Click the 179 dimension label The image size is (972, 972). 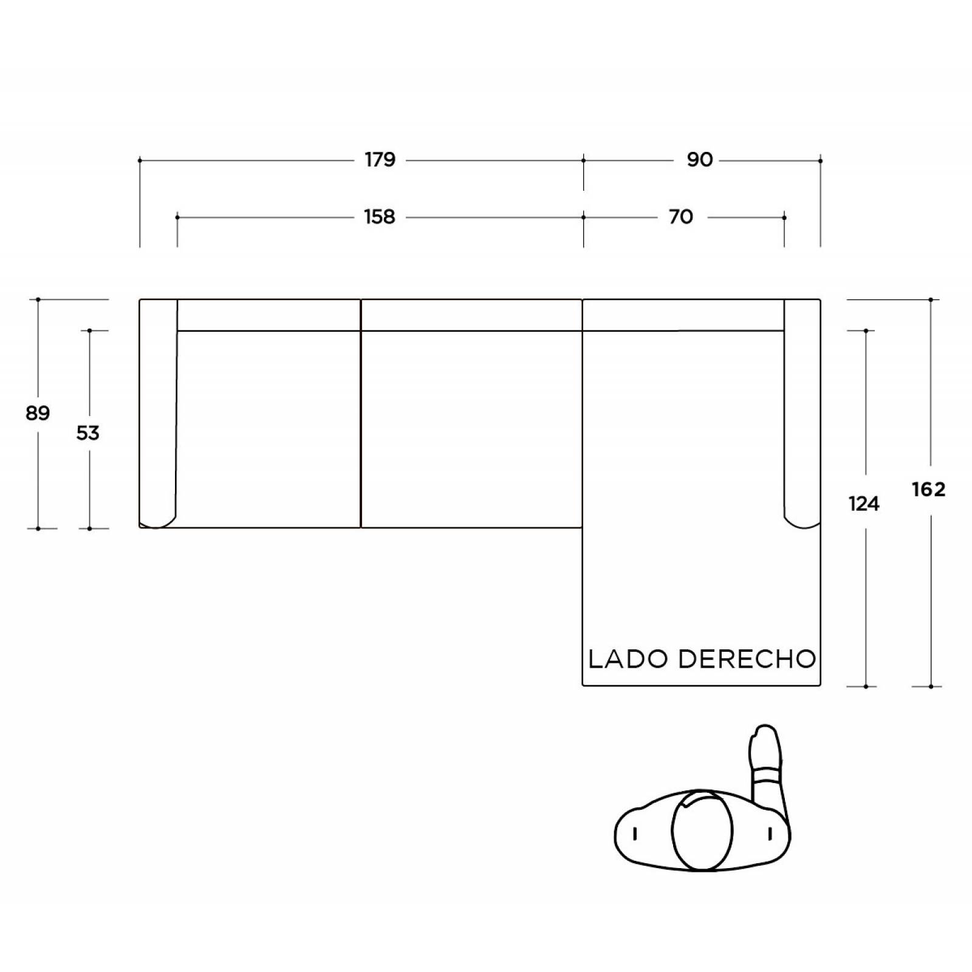(x=380, y=160)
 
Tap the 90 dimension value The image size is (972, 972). (x=699, y=160)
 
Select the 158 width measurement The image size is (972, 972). (x=380, y=217)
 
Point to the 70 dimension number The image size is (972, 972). (x=681, y=217)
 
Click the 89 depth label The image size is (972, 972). (x=38, y=413)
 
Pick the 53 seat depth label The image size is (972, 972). (x=88, y=433)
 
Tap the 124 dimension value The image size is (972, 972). (x=864, y=504)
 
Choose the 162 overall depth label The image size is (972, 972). (x=929, y=490)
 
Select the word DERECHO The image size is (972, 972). (x=747, y=659)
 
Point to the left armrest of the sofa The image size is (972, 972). (x=158, y=414)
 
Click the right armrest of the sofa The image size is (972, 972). (x=802, y=413)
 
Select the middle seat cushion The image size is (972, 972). (x=471, y=430)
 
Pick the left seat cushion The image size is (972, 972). (x=269, y=430)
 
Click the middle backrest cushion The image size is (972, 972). (x=471, y=315)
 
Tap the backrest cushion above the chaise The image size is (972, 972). (x=683, y=315)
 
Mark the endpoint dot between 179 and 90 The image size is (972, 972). (x=584, y=160)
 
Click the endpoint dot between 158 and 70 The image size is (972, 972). (x=584, y=217)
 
